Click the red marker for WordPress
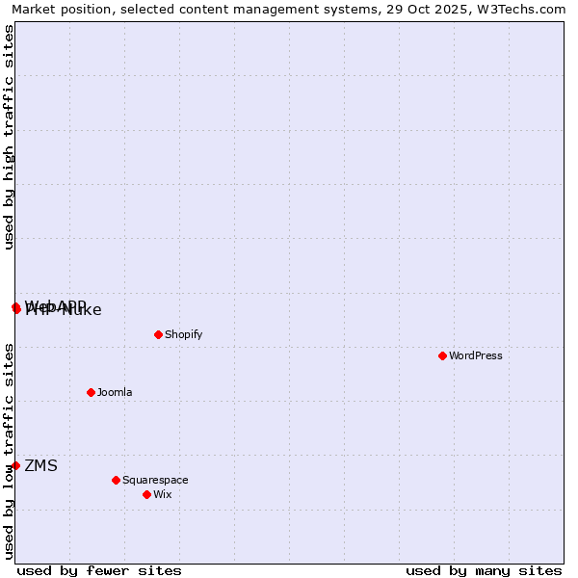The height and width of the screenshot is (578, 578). point(442,355)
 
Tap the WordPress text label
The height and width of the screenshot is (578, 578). point(475,355)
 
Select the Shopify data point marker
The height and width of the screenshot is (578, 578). point(158,334)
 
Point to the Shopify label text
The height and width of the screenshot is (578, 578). point(183,334)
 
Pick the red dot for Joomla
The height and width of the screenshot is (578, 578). point(91,392)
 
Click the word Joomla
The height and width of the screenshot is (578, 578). point(115,392)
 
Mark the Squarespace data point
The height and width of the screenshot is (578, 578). point(116,480)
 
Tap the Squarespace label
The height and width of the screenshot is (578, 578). point(155,480)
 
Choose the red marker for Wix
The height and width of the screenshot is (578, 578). point(146,494)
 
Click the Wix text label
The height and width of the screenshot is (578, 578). point(162,494)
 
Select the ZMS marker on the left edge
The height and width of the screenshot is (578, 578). point(15,465)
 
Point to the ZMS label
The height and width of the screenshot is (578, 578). point(40,466)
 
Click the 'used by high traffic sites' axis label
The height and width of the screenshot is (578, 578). point(9,137)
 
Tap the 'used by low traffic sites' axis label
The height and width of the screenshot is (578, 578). point(9,450)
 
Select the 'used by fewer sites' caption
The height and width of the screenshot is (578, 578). point(99,570)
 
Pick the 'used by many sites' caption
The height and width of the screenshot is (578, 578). point(484,570)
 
